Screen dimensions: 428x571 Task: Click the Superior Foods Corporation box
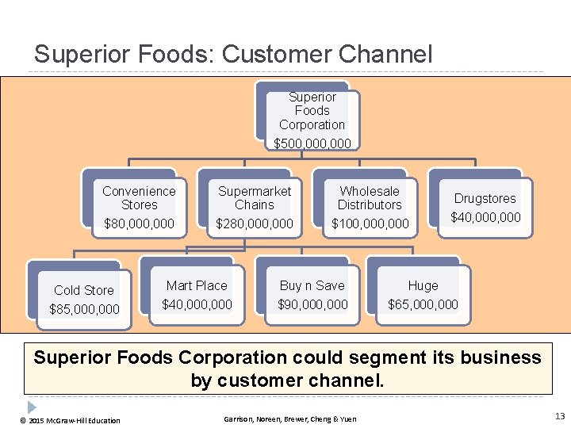312,111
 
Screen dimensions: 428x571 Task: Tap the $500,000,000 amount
312,143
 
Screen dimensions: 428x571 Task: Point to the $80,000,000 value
139,224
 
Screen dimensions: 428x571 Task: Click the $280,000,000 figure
255,224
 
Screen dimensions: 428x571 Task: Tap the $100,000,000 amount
370,224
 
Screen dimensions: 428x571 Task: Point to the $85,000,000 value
84,309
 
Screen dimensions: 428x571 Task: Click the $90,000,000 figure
312,304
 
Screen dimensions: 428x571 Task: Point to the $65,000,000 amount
423,304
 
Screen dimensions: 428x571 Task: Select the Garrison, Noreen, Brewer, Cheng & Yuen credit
289,418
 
